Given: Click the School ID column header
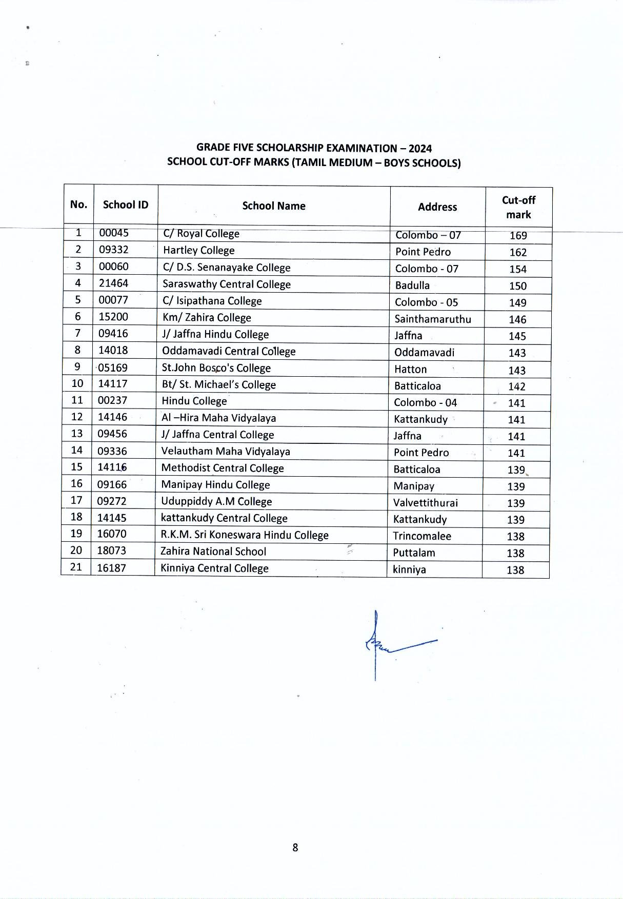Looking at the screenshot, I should click(x=126, y=205).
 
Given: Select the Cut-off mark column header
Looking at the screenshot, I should click(x=518, y=207).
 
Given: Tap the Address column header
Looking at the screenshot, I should click(x=437, y=207).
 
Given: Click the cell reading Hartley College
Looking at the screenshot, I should click(x=199, y=251).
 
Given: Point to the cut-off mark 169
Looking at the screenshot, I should click(x=518, y=236).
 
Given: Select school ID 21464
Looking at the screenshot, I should click(x=113, y=283).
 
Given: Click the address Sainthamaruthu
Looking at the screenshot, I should click(x=433, y=319).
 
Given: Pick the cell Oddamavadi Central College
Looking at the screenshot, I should click(x=229, y=352).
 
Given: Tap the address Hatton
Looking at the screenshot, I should click(x=410, y=370).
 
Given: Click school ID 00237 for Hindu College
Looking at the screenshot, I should click(x=112, y=401).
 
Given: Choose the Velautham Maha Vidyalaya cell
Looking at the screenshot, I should click(x=226, y=452).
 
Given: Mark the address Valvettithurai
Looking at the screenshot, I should click(x=426, y=503).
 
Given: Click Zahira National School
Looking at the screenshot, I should click(x=213, y=552).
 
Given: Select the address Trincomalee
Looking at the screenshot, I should click(x=422, y=537).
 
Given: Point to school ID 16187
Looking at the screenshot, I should click(x=111, y=568).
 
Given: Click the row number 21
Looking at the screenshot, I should click(x=76, y=567).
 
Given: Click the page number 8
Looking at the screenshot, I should click(x=295, y=848).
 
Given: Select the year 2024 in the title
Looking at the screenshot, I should click(x=420, y=149).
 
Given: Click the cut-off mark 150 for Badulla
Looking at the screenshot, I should click(x=518, y=286).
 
